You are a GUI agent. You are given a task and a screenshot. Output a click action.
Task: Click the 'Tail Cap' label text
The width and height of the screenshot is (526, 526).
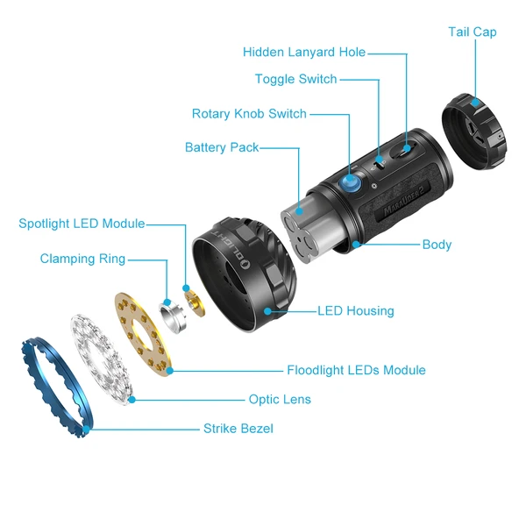pyautogui.click(x=473, y=32)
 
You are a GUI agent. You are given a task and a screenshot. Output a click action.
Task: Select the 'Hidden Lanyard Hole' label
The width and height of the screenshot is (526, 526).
pyautogui.click(x=304, y=53)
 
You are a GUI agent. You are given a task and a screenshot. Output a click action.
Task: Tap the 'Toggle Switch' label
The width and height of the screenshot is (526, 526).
pyautogui.click(x=295, y=80)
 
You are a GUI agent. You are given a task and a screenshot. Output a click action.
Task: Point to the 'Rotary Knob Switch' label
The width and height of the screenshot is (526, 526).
pyautogui.click(x=249, y=114)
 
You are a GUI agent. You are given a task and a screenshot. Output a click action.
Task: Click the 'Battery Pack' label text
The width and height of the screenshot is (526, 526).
pyautogui.click(x=222, y=147)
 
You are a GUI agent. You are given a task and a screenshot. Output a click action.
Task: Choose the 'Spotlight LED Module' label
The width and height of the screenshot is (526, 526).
pyautogui.click(x=82, y=224)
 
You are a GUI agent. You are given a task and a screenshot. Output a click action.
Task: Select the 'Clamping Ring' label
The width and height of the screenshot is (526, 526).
pyautogui.click(x=82, y=259)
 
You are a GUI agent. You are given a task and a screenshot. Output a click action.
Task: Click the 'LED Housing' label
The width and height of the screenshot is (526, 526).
pyautogui.click(x=356, y=310)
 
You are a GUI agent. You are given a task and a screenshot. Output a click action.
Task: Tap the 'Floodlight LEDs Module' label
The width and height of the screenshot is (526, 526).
pyautogui.click(x=356, y=370)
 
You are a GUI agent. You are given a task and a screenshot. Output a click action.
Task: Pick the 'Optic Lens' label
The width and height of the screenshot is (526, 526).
pyautogui.click(x=280, y=400)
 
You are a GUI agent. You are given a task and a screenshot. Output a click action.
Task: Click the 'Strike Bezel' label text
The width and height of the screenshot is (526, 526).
pyautogui.click(x=238, y=429)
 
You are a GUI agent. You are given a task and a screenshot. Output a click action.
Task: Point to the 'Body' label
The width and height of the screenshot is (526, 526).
pyautogui.click(x=437, y=245)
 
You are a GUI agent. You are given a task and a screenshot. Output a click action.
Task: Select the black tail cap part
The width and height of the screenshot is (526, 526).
pyautogui.click(x=473, y=131)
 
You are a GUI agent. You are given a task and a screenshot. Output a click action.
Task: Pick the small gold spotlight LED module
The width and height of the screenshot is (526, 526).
pyautogui.click(x=192, y=298)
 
